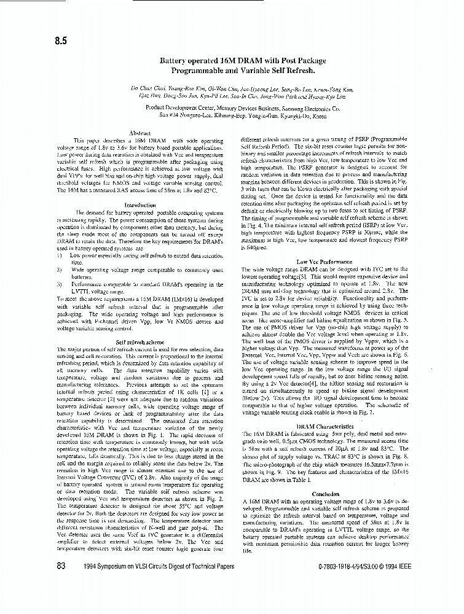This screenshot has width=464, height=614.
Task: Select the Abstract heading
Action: (x=141, y=133)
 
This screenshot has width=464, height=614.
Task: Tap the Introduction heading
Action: (x=141, y=205)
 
